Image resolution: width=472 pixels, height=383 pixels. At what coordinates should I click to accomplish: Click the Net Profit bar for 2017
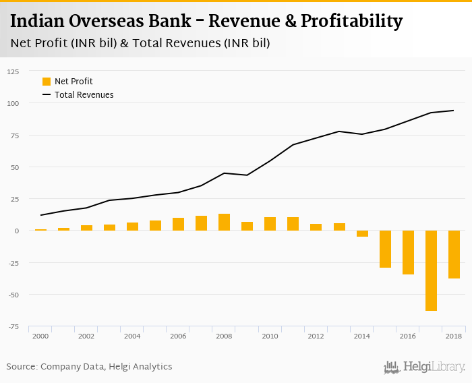coord(431,270)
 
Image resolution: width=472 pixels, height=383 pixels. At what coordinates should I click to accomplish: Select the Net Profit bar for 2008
coord(224,223)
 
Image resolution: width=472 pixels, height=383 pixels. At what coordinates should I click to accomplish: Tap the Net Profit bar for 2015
coord(385,249)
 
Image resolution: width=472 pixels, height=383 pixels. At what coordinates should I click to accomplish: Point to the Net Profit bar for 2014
coord(362,233)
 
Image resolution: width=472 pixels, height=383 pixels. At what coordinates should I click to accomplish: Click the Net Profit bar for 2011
coord(293,224)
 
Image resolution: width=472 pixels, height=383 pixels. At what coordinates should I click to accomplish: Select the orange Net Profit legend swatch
coord(47,82)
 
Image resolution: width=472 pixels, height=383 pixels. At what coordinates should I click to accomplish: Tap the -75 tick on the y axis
coord(13,326)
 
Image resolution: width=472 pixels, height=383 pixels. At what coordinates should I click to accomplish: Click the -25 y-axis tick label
coord(13,263)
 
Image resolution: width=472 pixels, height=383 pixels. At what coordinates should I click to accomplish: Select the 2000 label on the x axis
coord(40,336)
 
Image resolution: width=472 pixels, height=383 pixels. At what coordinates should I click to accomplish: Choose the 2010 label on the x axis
coord(270,336)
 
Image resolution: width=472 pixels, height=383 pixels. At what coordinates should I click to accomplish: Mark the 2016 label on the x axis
coord(407,336)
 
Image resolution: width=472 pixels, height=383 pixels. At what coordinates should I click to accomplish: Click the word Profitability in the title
coord(353,21)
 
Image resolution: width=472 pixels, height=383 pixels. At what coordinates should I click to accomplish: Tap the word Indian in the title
coord(38,21)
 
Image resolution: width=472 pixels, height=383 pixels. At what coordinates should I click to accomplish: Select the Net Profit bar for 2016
coord(408,252)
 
